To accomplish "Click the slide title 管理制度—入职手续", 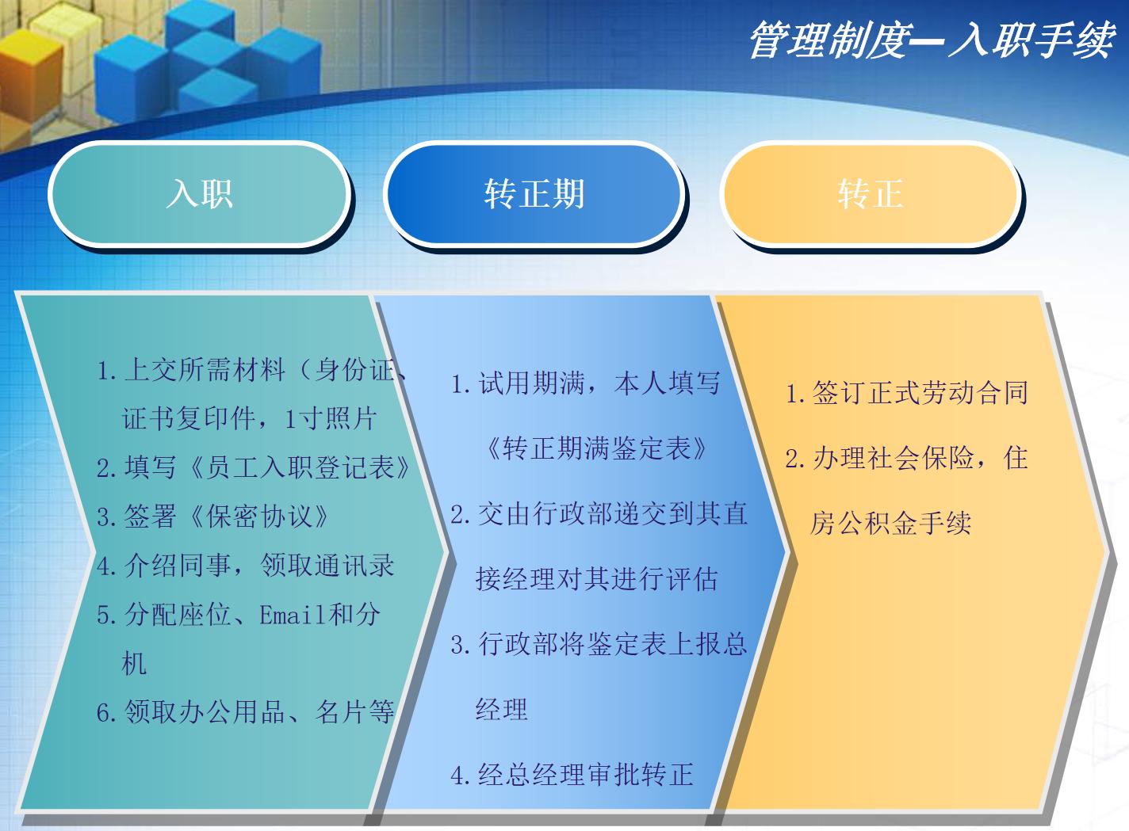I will click(x=931, y=40).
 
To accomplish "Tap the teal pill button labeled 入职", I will click(x=199, y=193).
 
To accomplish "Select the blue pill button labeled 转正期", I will click(x=534, y=193).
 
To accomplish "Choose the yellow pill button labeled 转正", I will click(x=870, y=193).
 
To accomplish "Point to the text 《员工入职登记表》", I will click(x=298, y=467).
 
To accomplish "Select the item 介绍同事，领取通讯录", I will click(x=246, y=566).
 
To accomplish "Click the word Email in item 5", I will click(x=293, y=615).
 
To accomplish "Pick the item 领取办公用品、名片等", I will click(x=246, y=712).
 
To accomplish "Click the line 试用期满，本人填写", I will click(x=585, y=383).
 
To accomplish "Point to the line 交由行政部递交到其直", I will click(x=599, y=514).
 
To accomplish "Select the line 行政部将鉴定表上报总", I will click(x=599, y=644).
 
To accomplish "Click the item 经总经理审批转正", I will click(x=572, y=774).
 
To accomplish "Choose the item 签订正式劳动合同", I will click(x=907, y=393).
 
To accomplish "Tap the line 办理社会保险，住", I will click(x=907, y=458).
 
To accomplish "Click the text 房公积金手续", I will click(x=890, y=523).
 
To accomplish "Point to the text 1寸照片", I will click(x=331, y=418).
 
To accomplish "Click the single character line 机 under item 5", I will click(x=134, y=664).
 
